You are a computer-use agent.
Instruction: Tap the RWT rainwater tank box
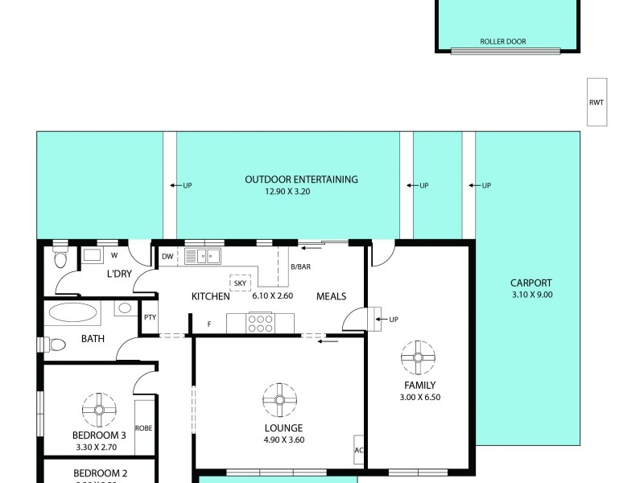(x=597, y=101)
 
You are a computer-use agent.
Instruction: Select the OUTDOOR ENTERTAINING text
(x=301, y=180)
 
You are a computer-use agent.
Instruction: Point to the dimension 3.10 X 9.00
(x=532, y=295)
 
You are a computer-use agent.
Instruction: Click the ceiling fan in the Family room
(x=419, y=357)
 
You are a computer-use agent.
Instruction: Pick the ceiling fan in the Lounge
(x=279, y=398)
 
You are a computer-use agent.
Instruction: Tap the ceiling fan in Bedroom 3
(x=99, y=409)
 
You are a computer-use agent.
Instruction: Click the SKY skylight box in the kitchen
(x=240, y=283)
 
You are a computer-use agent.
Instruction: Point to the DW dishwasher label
(x=167, y=257)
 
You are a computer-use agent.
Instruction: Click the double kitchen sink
(x=203, y=257)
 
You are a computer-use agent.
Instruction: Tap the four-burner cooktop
(x=261, y=322)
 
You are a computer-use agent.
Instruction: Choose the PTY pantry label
(x=150, y=317)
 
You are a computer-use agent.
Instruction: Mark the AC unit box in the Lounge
(x=359, y=450)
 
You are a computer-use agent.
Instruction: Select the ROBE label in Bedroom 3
(x=144, y=428)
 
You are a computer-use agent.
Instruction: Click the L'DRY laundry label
(x=119, y=275)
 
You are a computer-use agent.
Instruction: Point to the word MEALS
(x=331, y=296)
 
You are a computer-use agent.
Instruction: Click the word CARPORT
(x=531, y=283)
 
